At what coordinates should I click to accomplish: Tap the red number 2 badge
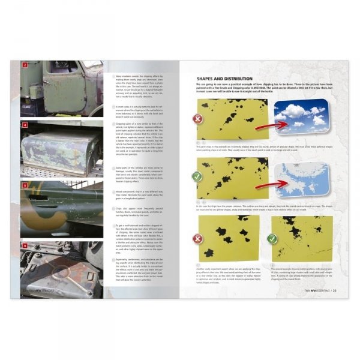(25, 65)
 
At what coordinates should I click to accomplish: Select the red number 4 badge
(25, 125)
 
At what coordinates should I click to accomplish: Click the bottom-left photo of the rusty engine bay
(61, 268)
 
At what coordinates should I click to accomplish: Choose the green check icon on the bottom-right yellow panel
(274, 238)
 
